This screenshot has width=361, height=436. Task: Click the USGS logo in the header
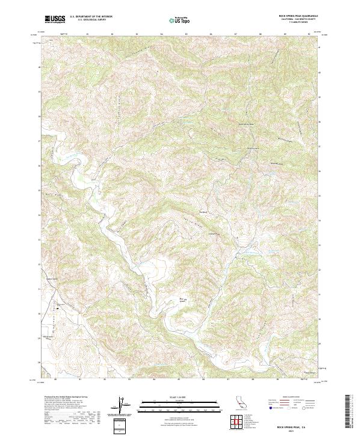tap(55, 19)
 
